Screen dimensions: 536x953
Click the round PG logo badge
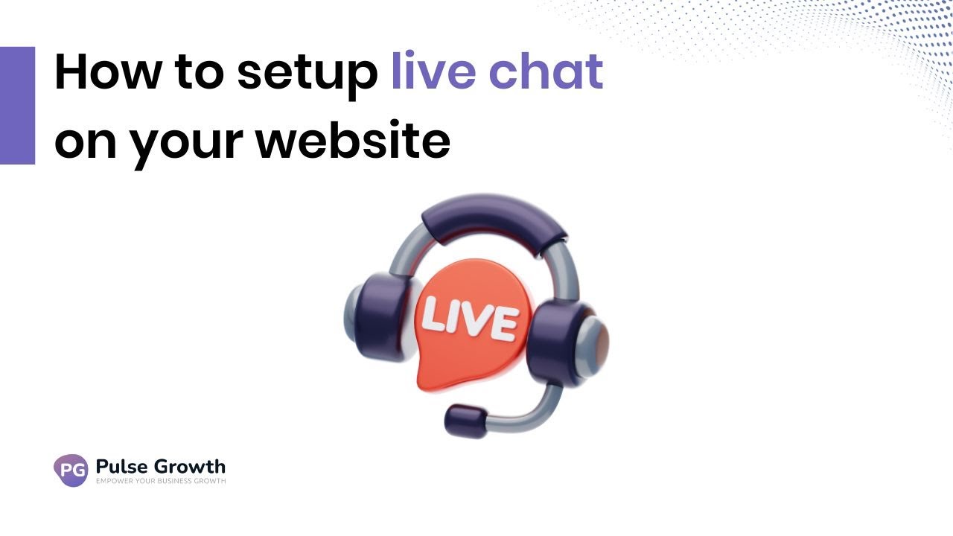pos(71,470)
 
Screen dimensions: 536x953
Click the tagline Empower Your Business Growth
pos(161,482)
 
